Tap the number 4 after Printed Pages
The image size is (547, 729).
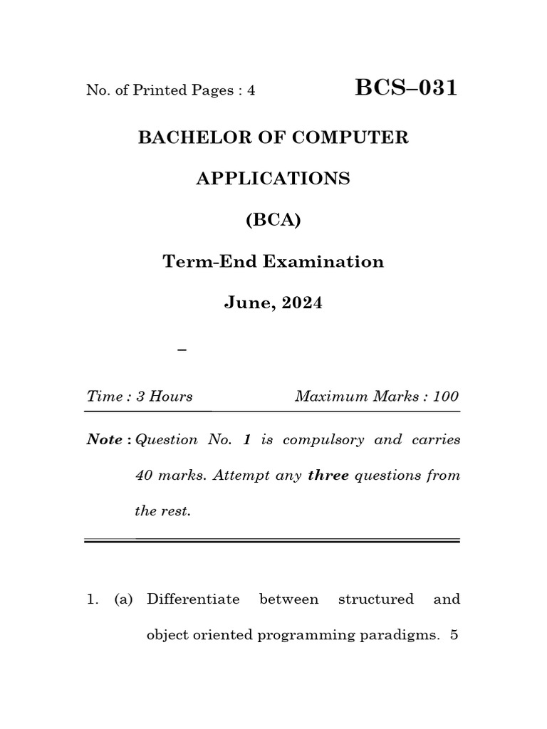pyautogui.click(x=251, y=90)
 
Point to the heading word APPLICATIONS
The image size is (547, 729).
pyautogui.click(x=273, y=179)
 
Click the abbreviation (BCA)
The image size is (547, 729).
pyautogui.click(x=273, y=220)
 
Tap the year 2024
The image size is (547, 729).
pyautogui.click(x=301, y=303)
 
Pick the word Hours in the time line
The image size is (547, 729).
pyautogui.click(x=171, y=397)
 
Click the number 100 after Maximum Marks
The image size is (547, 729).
pyautogui.click(x=446, y=397)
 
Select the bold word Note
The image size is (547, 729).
pyautogui.click(x=105, y=439)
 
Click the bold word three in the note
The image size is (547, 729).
pyautogui.click(x=328, y=476)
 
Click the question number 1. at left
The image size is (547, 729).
pyautogui.click(x=93, y=599)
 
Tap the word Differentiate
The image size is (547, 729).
pyautogui.click(x=193, y=599)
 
